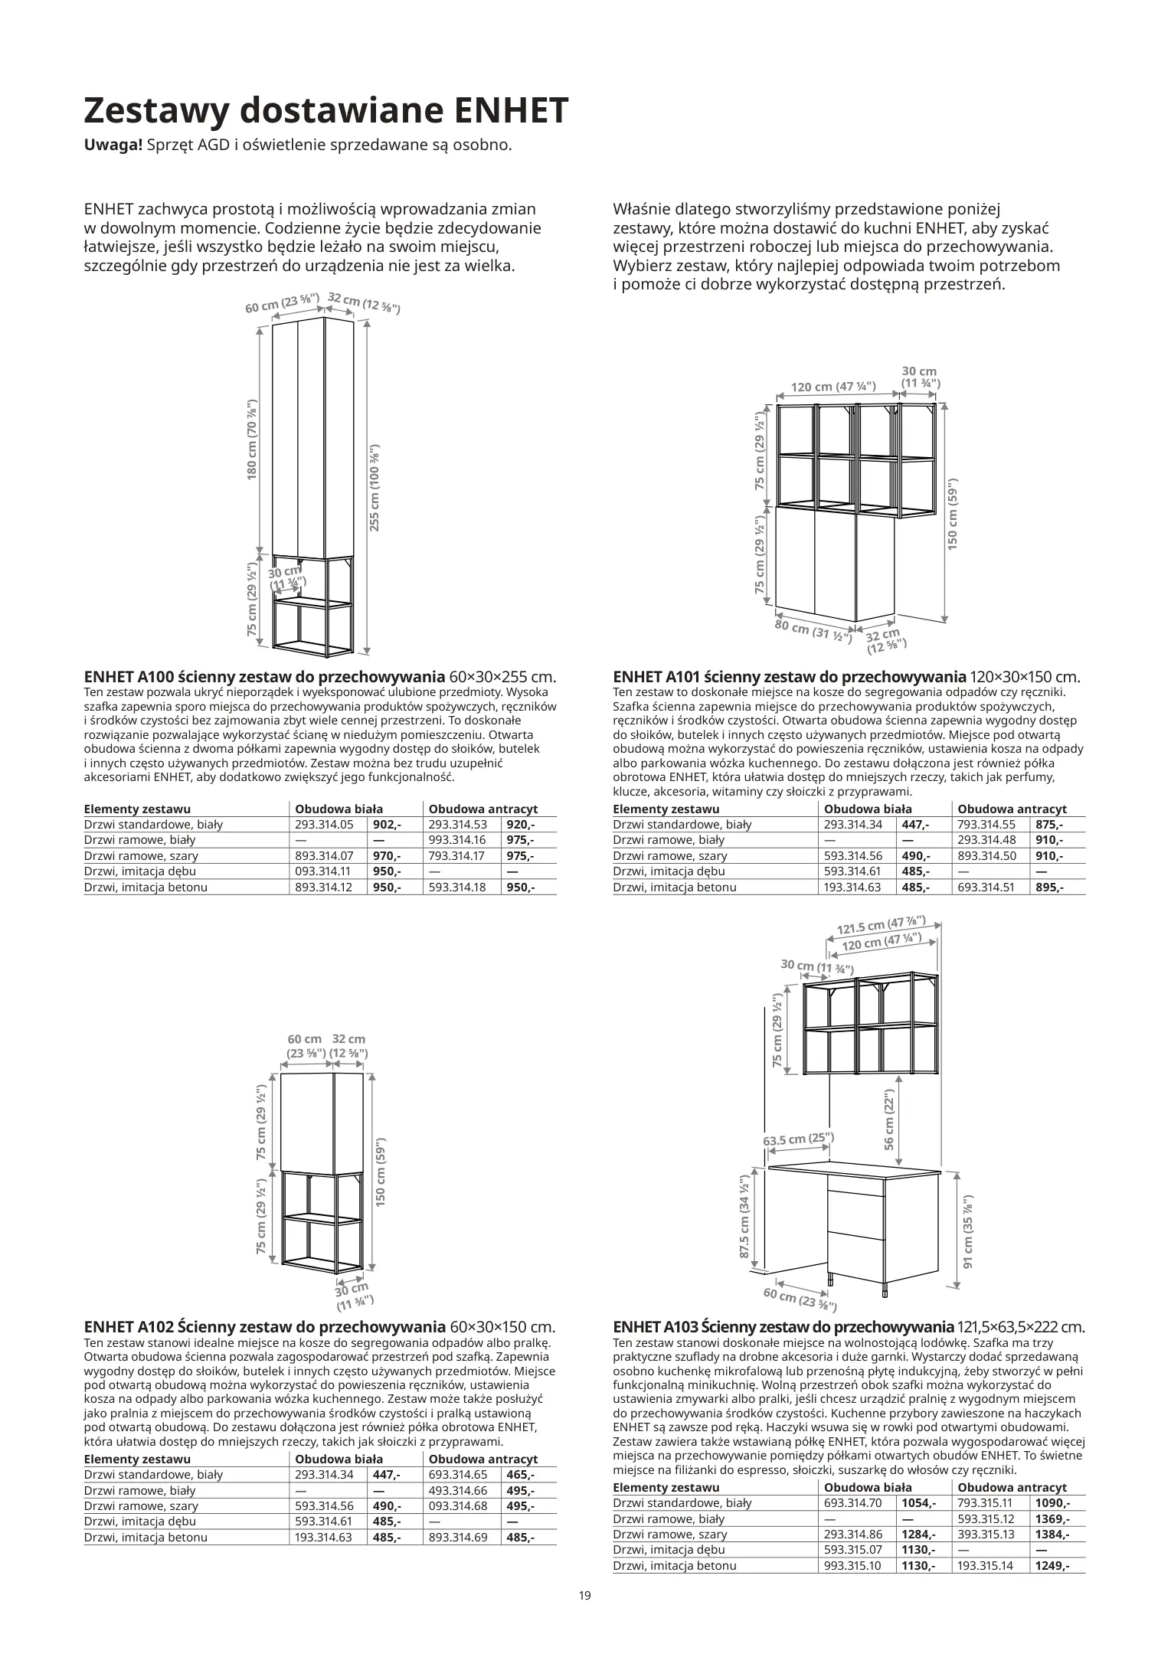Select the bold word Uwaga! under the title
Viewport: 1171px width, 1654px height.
(x=113, y=145)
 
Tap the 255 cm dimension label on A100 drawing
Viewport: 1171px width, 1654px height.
(x=375, y=488)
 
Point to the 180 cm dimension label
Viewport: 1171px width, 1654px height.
(x=252, y=440)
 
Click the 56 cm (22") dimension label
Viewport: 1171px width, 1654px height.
(x=890, y=1120)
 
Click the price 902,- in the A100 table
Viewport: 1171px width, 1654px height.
(x=387, y=825)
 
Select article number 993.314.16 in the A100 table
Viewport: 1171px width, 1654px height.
(x=458, y=840)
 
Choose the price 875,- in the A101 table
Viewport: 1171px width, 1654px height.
(x=1048, y=825)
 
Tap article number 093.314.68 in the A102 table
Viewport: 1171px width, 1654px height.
(x=458, y=1505)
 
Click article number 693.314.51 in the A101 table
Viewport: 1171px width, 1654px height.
(x=986, y=887)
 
